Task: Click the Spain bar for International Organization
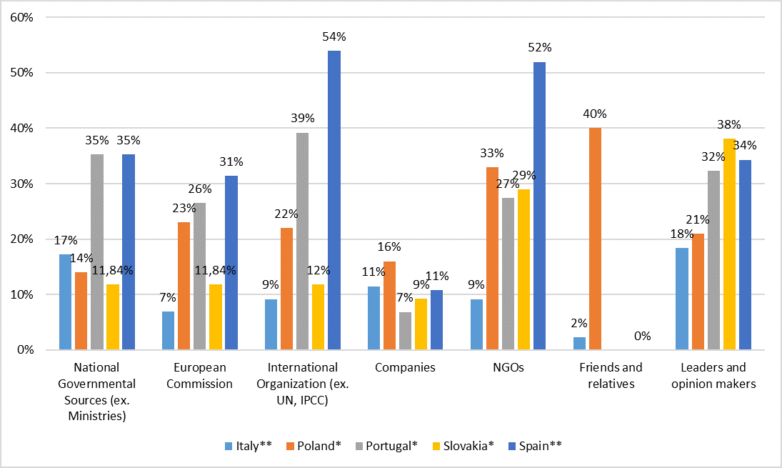coord(334,200)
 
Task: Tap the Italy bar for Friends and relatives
coord(578,343)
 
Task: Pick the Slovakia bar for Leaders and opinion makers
coord(729,244)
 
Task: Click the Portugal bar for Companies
coord(406,331)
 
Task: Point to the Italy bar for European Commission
coord(169,330)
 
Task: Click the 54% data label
coord(334,36)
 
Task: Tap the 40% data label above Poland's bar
coord(594,114)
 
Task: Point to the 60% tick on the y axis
coord(24,17)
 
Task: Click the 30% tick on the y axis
coord(24,184)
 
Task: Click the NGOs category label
coord(508,368)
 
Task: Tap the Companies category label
coord(405,368)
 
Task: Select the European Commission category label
coord(200,376)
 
